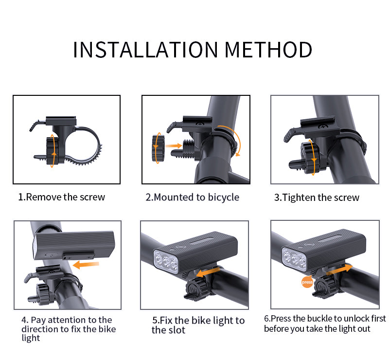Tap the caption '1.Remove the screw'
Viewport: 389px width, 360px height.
pos(62,197)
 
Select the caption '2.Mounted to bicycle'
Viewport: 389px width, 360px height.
pos(193,197)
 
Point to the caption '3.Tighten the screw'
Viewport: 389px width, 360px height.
pos(317,198)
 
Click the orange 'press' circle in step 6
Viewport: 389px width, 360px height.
pos(307,282)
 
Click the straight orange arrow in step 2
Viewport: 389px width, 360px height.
pos(173,144)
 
